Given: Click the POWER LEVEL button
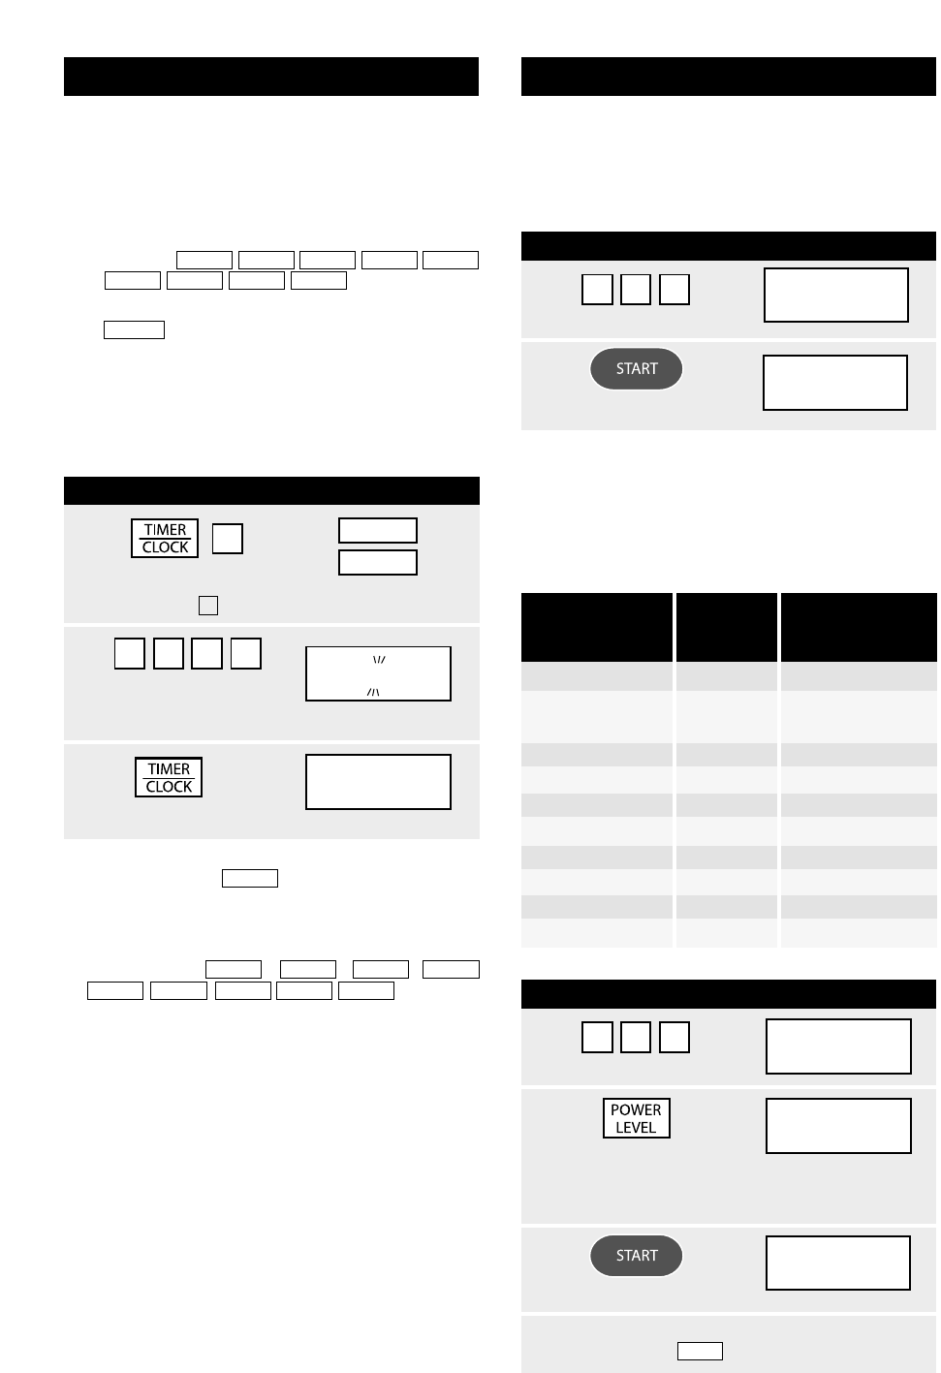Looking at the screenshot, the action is click(x=637, y=1118).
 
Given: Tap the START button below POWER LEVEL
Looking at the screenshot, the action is click(x=637, y=1256).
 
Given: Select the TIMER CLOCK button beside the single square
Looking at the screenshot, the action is click(x=165, y=538).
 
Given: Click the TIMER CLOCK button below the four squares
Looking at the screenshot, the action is click(x=169, y=777).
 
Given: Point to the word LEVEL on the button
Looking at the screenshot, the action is click(x=636, y=1127).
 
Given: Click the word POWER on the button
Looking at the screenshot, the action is click(x=636, y=1110).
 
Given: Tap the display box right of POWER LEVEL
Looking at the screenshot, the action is click(x=838, y=1125).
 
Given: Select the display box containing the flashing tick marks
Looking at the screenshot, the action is click(x=378, y=673).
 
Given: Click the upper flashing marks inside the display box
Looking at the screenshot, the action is click(x=379, y=660).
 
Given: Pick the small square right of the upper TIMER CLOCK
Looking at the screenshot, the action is click(x=228, y=539).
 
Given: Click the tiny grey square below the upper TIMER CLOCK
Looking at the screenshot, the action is click(x=208, y=606).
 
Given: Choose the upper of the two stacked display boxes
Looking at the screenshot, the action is click(x=378, y=530).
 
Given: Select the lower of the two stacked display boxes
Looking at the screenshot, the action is click(x=378, y=562).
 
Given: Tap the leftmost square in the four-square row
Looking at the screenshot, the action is click(x=129, y=653).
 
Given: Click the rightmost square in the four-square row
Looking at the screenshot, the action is click(x=246, y=653).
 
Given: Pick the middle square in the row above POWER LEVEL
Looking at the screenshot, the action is click(x=636, y=1037).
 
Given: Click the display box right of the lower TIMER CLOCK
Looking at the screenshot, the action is click(x=378, y=782).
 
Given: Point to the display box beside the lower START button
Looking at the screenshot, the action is click(x=838, y=1263).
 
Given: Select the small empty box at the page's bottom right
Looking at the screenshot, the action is click(x=700, y=1351).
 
